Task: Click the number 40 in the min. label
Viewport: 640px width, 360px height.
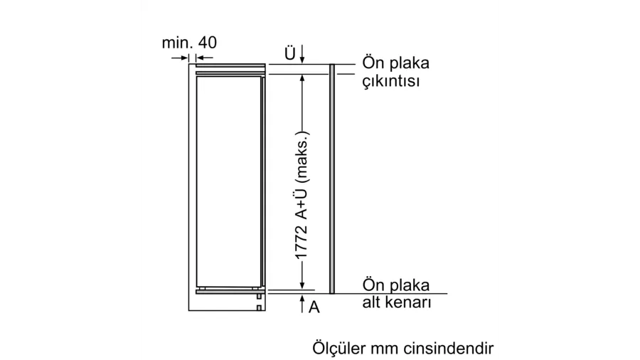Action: [208, 43]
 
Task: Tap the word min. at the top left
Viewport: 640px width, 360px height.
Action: [178, 43]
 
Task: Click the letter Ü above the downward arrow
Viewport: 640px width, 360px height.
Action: [290, 53]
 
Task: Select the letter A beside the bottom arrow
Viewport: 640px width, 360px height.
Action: [314, 307]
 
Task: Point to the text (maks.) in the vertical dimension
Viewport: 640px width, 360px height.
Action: [302, 157]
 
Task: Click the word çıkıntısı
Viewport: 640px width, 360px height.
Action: [391, 81]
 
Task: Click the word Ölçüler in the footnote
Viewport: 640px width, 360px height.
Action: [338, 348]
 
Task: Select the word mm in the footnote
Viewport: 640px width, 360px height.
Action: [385, 349]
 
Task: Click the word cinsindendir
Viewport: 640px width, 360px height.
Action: [449, 349]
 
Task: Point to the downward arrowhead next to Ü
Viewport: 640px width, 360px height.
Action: [302, 60]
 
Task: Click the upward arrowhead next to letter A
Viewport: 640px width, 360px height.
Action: [302, 298]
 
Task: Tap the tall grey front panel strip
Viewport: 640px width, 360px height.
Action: [332, 179]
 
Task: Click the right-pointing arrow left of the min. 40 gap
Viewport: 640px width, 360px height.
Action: [180, 58]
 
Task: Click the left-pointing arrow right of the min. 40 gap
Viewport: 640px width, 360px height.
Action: [205, 58]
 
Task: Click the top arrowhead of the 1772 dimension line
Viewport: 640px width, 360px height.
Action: [302, 78]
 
